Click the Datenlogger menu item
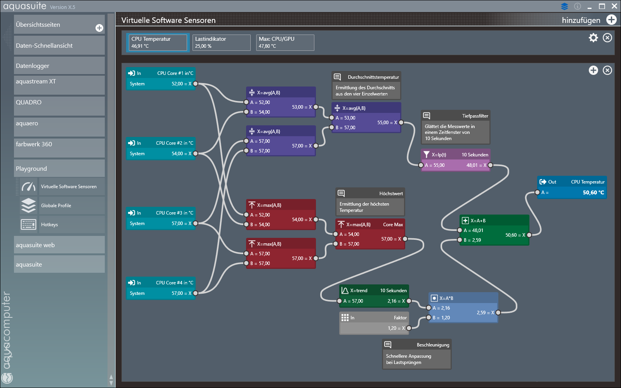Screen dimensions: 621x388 coord(59,66)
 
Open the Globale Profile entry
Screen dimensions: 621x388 coord(56,206)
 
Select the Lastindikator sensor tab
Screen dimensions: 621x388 coord(222,42)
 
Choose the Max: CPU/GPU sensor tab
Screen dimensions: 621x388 coord(285,42)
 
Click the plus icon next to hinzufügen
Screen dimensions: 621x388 coord(611,20)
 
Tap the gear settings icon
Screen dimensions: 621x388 coord(593,38)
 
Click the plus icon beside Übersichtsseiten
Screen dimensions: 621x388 coord(99,28)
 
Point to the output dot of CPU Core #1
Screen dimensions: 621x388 coord(196,84)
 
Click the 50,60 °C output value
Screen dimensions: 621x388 coord(593,192)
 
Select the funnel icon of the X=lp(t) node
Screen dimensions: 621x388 coord(427,154)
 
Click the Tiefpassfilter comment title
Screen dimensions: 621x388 coord(475,116)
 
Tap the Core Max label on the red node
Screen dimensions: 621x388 coord(393,225)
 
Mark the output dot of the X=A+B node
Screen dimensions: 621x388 coord(529,235)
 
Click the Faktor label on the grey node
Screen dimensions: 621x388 coord(400,318)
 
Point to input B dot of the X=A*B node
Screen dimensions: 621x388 coord(428,318)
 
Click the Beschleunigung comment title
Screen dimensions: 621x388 coord(433,345)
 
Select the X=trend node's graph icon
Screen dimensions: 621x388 coord(345,291)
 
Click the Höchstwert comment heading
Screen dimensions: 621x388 coord(391,194)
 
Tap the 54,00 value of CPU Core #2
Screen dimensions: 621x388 coord(177,154)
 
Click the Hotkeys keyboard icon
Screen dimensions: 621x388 coord(29,225)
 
